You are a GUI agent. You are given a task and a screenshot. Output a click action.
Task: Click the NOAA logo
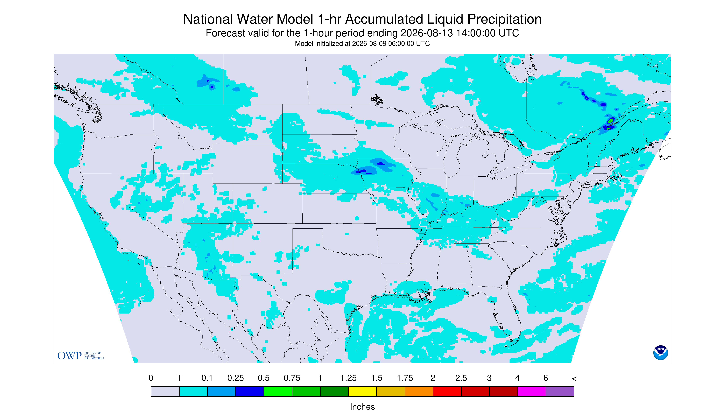click(x=660, y=353)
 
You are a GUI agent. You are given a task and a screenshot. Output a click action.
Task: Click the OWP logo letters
click(x=70, y=356)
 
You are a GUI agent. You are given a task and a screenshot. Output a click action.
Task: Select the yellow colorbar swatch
click(x=362, y=391)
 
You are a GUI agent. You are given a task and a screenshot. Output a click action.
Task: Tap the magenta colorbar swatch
click(x=532, y=391)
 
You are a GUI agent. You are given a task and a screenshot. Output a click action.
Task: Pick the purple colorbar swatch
click(x=560, y=391)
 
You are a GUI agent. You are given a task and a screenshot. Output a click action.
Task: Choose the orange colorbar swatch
click(x=419, y=391)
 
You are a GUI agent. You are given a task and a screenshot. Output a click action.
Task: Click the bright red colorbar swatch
click(x=447, y=391)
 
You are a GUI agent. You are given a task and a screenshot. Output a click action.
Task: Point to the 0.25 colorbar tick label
click(x=236, y=378)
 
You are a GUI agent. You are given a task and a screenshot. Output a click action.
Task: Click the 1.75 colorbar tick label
click(x=405, y=378)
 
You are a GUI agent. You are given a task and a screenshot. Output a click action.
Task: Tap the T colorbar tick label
click(x=179, y=378)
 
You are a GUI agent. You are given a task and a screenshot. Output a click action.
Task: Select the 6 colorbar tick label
click(x=546, y=378)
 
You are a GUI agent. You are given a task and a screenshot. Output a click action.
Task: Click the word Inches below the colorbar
click(x=362, y=407)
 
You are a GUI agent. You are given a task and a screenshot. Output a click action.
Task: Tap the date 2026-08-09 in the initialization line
click(x=369, y=43)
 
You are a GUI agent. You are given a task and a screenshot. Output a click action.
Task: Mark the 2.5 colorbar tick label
click(x=461, y=378)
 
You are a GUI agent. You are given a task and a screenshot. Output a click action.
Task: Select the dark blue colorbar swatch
click(x=250, y=391)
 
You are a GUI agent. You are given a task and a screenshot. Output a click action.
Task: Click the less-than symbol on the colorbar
click(x=574, y=379)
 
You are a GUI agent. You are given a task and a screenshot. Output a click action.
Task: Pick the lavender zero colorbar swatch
click(x=165, y=391)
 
